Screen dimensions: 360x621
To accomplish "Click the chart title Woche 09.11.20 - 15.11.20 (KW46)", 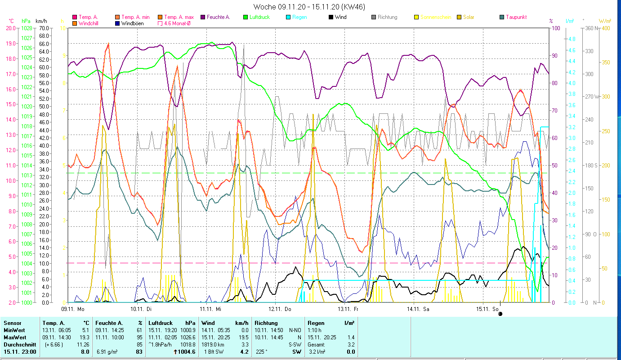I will pyautogui.click(x=309, y=7).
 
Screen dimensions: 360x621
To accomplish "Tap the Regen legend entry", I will pyautogui.click(x=299, y=17).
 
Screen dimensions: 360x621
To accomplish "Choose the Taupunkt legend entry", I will pyautogui.click(x=516, y=17).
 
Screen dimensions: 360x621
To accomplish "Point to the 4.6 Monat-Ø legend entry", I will pyautogui.click(x=178, y=23).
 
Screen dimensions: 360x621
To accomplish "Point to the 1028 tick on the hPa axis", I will pyautogui.click(x=27, y=28).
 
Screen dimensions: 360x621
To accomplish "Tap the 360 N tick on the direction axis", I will pyautogui.click(x=593, y=28).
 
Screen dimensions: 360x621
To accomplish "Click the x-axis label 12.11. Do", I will pyautogui.click(x=280, y=309).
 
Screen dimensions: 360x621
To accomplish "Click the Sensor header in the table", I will pyautogui.click(x=12, y=323).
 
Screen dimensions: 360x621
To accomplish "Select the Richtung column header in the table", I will pyautogui.click(x=266, y=323).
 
